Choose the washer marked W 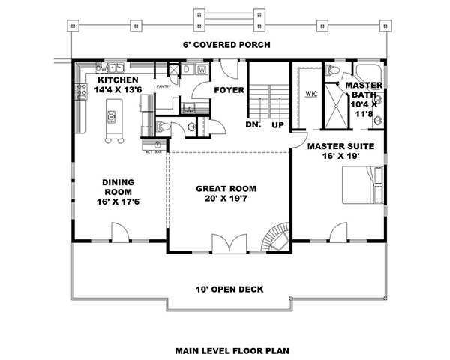tap(201, 70)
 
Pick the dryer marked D tap(186, 70)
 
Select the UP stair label tap(277, 124)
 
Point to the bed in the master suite tap(363, 184)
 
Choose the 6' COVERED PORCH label tap(224, 45)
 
